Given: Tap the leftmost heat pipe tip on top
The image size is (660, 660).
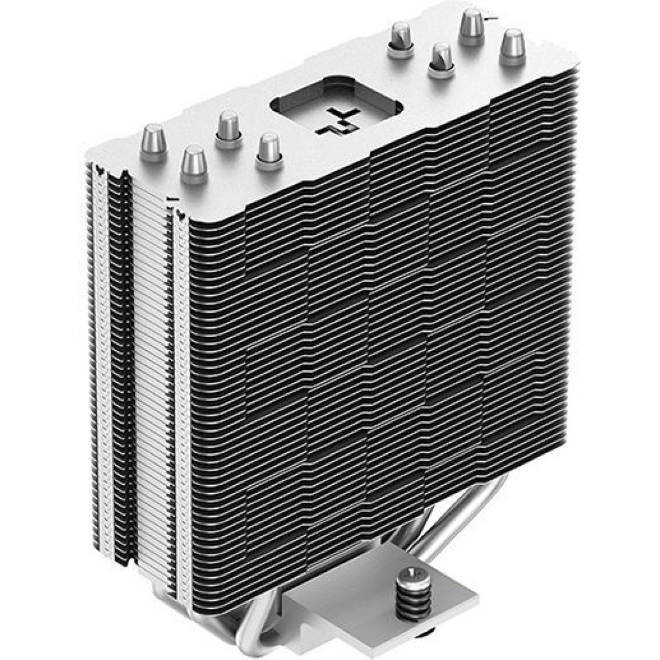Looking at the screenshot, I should pos(155,140).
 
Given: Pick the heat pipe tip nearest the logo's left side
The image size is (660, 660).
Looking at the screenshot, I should pos(269,150).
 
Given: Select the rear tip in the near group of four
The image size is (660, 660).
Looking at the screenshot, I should pos(228,128).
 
